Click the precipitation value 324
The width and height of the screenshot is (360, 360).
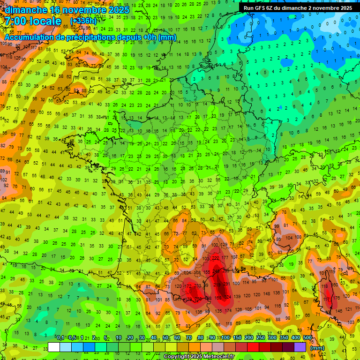coord(228,297)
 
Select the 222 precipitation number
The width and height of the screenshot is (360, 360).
coord(216,258)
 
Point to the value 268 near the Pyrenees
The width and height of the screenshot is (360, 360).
coord(198,299)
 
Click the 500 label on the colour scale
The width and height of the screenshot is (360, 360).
coord(307,337)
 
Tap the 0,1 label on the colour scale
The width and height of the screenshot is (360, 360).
coord(60,337)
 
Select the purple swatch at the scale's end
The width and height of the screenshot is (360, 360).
coord(300,347)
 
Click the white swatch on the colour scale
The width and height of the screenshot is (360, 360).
coord(54,347)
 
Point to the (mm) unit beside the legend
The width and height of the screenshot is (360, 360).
coord(317,348)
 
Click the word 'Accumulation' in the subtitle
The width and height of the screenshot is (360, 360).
coord(28,37)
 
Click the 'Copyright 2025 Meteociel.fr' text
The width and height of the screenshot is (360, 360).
coord(199,356)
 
